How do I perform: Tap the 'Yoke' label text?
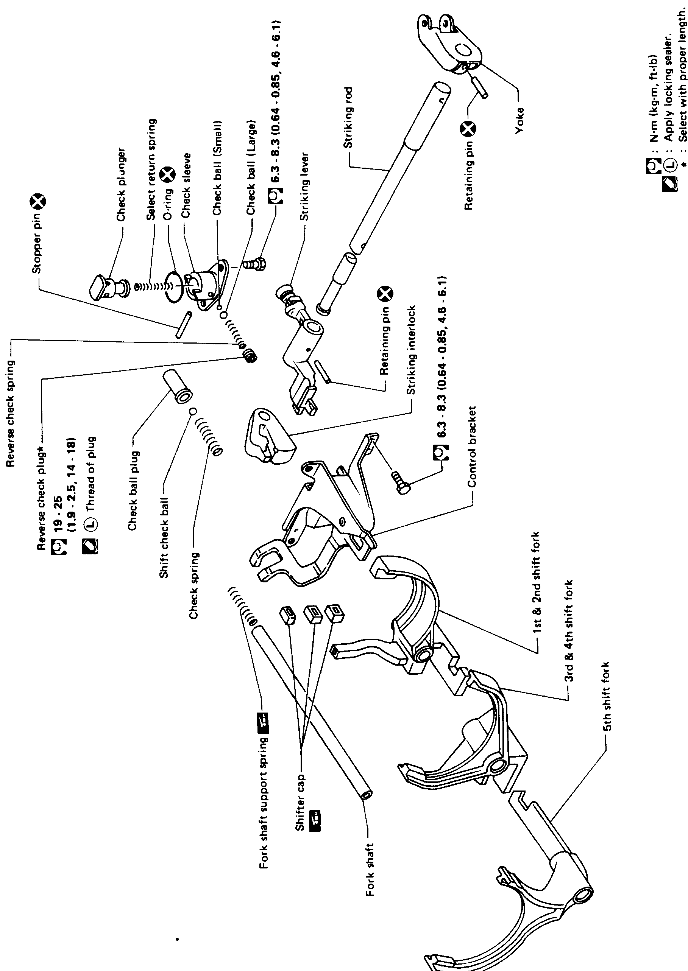520,121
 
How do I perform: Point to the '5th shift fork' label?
607,696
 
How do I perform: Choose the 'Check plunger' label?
121,185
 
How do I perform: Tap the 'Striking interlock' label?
410,350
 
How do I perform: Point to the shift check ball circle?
192,411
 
